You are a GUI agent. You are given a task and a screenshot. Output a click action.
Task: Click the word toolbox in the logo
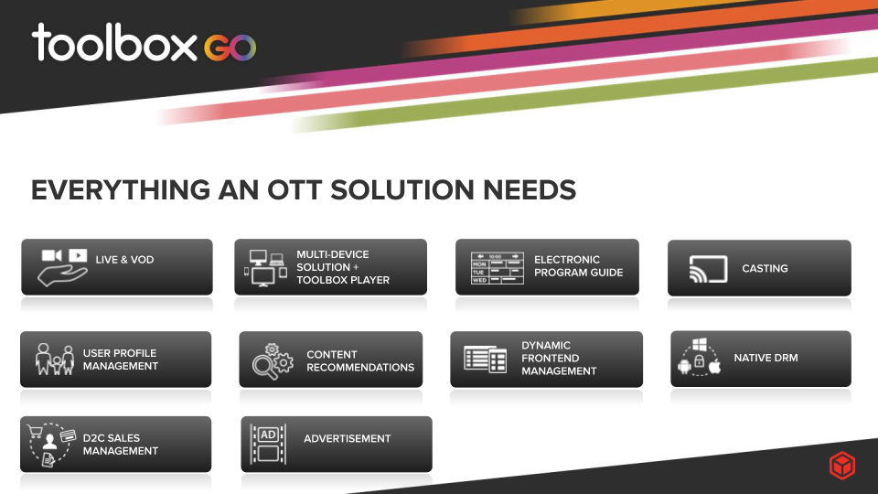[x=115, y=43]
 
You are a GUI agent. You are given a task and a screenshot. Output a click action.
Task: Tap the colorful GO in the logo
[x=230, y=48]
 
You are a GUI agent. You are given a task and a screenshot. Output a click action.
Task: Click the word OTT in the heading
[x=294, y=190]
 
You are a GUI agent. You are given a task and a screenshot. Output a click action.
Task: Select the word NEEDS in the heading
[x=530, y=190]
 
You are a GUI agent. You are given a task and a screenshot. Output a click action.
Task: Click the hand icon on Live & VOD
[x=61, y=274]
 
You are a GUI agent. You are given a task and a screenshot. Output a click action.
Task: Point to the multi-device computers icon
[x=265, y=268]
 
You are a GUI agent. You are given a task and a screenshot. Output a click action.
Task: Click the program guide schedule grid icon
[x=498, y=268]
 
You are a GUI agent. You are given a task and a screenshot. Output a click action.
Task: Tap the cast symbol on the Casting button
[x=708, y=269]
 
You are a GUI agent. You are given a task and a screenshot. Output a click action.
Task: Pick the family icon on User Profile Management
[x=54, y=359]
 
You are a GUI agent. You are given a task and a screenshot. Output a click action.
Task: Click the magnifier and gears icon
[x=273, y=361]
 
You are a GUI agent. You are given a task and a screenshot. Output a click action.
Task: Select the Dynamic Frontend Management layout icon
[x=485, y=359]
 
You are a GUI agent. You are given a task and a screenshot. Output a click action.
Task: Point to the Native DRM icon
[x=699, y=357]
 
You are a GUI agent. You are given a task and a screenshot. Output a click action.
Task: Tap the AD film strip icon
[x=268, y=445]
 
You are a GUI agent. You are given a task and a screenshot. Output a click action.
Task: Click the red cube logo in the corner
[x=842, y=466]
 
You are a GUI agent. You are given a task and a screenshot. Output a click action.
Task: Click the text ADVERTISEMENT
[x=348, y=438]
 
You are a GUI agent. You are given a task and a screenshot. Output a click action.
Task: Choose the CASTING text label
[x=765, y=268]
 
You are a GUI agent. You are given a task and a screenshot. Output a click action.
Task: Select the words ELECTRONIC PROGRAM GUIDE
[x=578, y=266]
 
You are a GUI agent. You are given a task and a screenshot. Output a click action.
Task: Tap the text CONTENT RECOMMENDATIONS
[x=360, y=360]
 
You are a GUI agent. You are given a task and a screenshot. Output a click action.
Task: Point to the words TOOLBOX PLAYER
[x=343, y=280]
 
